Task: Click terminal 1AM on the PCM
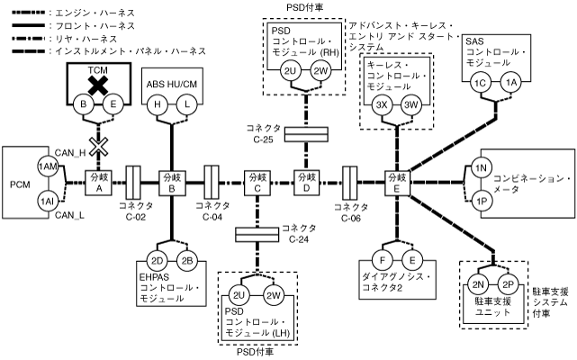coord(47,167)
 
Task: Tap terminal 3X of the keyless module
coord(383,106)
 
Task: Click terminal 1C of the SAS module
coord(481,83)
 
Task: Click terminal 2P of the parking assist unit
coord(508,285)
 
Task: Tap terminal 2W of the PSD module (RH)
coord(321,71)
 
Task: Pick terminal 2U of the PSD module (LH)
coord(240,297)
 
